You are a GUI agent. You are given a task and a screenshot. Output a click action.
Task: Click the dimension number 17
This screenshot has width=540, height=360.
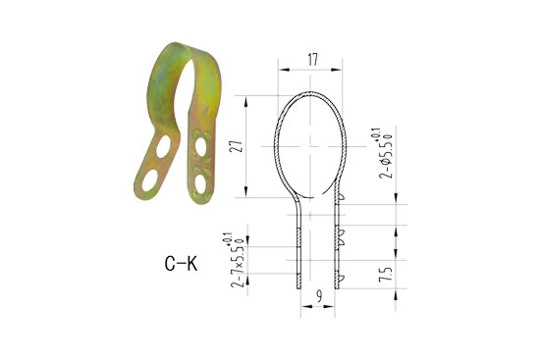click(312, 60)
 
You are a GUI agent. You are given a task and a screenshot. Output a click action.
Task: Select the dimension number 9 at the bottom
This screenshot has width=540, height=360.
click(320, 296)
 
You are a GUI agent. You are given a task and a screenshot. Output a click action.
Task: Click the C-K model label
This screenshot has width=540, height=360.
click(181, 264)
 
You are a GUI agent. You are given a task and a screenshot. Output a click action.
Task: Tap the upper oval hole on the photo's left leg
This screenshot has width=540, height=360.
click(163, 146)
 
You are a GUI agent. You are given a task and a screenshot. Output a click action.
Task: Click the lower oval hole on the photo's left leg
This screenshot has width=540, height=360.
click(150, 180)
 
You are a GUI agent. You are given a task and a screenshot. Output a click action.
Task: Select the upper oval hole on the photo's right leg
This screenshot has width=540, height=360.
click(200, 146)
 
